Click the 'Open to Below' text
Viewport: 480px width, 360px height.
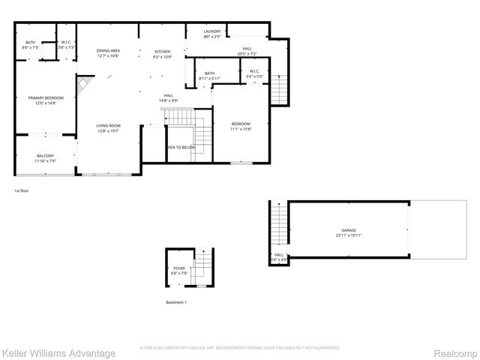pyautogui.click(x=181, y=148)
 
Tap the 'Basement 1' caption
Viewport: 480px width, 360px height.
pyautogui.click(x=176, y=302)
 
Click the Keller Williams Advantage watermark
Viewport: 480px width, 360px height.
pyautogui.click(x=58, y=352)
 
